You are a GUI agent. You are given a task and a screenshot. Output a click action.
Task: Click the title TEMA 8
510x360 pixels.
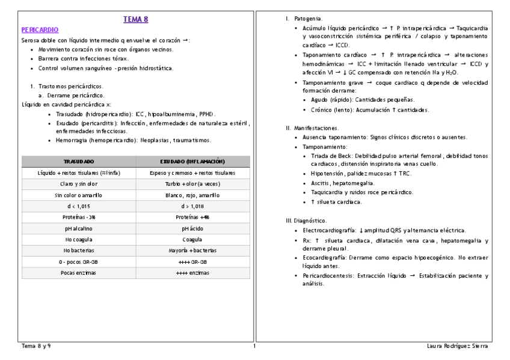(135, 19)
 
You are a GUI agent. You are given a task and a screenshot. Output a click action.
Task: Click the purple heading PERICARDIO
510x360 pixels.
(40, 29)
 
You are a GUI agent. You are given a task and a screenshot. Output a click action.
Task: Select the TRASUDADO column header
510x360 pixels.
(78, 162)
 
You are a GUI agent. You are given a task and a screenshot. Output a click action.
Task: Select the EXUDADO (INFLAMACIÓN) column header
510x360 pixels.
(192, 162)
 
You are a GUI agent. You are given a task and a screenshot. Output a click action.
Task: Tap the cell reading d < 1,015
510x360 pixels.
(78, 206)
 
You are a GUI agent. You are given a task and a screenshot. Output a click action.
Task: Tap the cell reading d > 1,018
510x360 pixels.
(192, 206)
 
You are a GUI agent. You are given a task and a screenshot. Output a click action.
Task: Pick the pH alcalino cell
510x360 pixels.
(78, 228)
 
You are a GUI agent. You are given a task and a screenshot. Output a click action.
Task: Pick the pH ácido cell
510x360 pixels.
(192, 228)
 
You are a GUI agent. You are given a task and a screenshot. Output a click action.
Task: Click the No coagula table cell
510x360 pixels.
(78, 239)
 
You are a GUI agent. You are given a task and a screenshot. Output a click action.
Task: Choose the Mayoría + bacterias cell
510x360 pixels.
(192, 251)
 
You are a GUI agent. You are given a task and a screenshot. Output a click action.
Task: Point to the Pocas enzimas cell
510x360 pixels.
(78, 273)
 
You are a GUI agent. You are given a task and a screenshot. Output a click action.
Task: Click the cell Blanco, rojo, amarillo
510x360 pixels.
(192, 195)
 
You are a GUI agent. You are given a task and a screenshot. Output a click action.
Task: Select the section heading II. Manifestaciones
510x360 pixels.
(312, 128)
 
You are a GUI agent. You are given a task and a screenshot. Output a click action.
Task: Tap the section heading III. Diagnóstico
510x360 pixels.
(306, 221)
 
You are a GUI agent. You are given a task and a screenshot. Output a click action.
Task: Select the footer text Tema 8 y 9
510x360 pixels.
(36, 347)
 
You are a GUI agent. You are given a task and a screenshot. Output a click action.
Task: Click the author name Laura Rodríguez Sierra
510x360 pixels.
(456, 347)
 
